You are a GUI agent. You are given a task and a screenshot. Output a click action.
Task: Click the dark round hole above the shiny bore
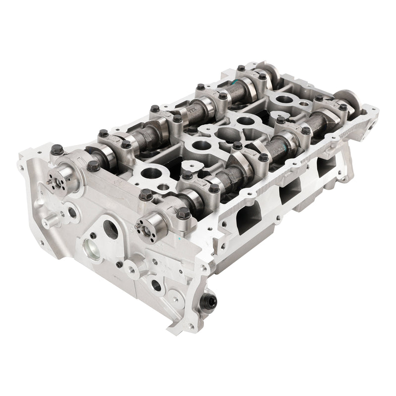(110, 229)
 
